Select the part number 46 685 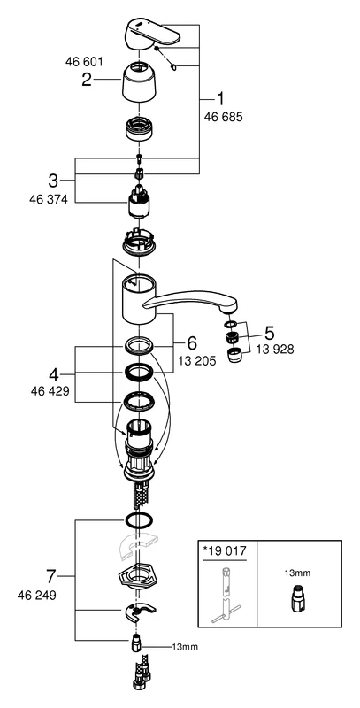[222, 117]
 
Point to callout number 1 [222, 98]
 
